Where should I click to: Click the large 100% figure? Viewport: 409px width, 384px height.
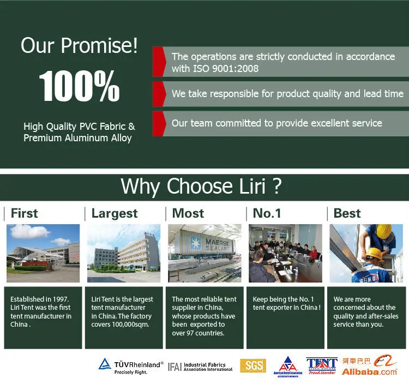(x=79, y=86)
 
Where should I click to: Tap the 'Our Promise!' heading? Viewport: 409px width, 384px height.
(x=79, y=46)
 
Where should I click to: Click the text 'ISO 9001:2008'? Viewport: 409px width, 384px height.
(x=226, y=69)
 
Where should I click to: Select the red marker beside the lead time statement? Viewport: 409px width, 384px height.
(x=159, y=94)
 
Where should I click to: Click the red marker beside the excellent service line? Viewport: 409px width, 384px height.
(x=159, y=124)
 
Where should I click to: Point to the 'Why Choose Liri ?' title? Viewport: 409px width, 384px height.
(x=201, y=186)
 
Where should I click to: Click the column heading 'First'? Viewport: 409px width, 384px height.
(x=24, y=213)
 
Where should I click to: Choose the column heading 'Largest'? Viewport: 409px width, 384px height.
(x=115, y=214)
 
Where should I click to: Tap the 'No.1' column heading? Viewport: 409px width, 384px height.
(x=267, y=213)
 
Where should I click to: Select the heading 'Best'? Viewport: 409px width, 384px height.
(x=347, y=213)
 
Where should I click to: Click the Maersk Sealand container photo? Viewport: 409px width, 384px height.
(x=204, y=253)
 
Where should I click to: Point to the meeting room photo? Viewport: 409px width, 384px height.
(x=285, y=253)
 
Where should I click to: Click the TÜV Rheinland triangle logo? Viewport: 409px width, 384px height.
(x=105, y=364)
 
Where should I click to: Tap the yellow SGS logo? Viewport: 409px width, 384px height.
(x=253, y=366)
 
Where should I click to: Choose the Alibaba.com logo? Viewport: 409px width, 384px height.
(x=370, y=365)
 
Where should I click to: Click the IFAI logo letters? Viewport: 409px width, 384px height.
(x=175, y=367)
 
